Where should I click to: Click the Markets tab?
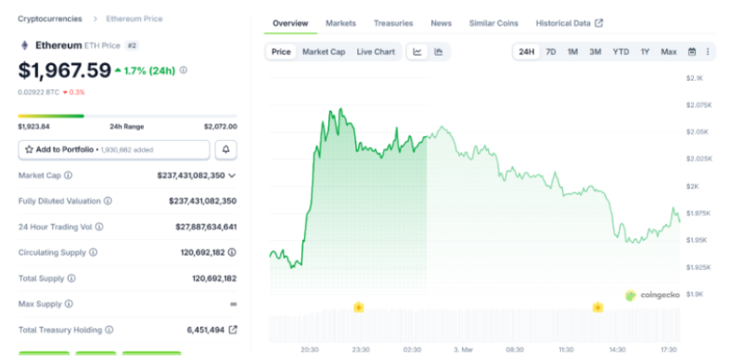340,23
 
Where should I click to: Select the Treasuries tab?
393,23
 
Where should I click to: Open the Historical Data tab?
569,23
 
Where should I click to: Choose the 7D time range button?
551,52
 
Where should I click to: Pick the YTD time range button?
621,52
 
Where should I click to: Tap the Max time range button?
668,52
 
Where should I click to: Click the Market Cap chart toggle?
324,52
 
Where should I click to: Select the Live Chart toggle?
377,52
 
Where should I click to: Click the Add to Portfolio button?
114,149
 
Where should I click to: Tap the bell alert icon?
225,149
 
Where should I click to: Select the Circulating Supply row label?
52,252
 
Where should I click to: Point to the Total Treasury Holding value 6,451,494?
203,329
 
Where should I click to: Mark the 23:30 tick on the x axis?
360,350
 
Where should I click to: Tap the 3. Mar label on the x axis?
464,350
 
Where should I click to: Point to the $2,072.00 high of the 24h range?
220,126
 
